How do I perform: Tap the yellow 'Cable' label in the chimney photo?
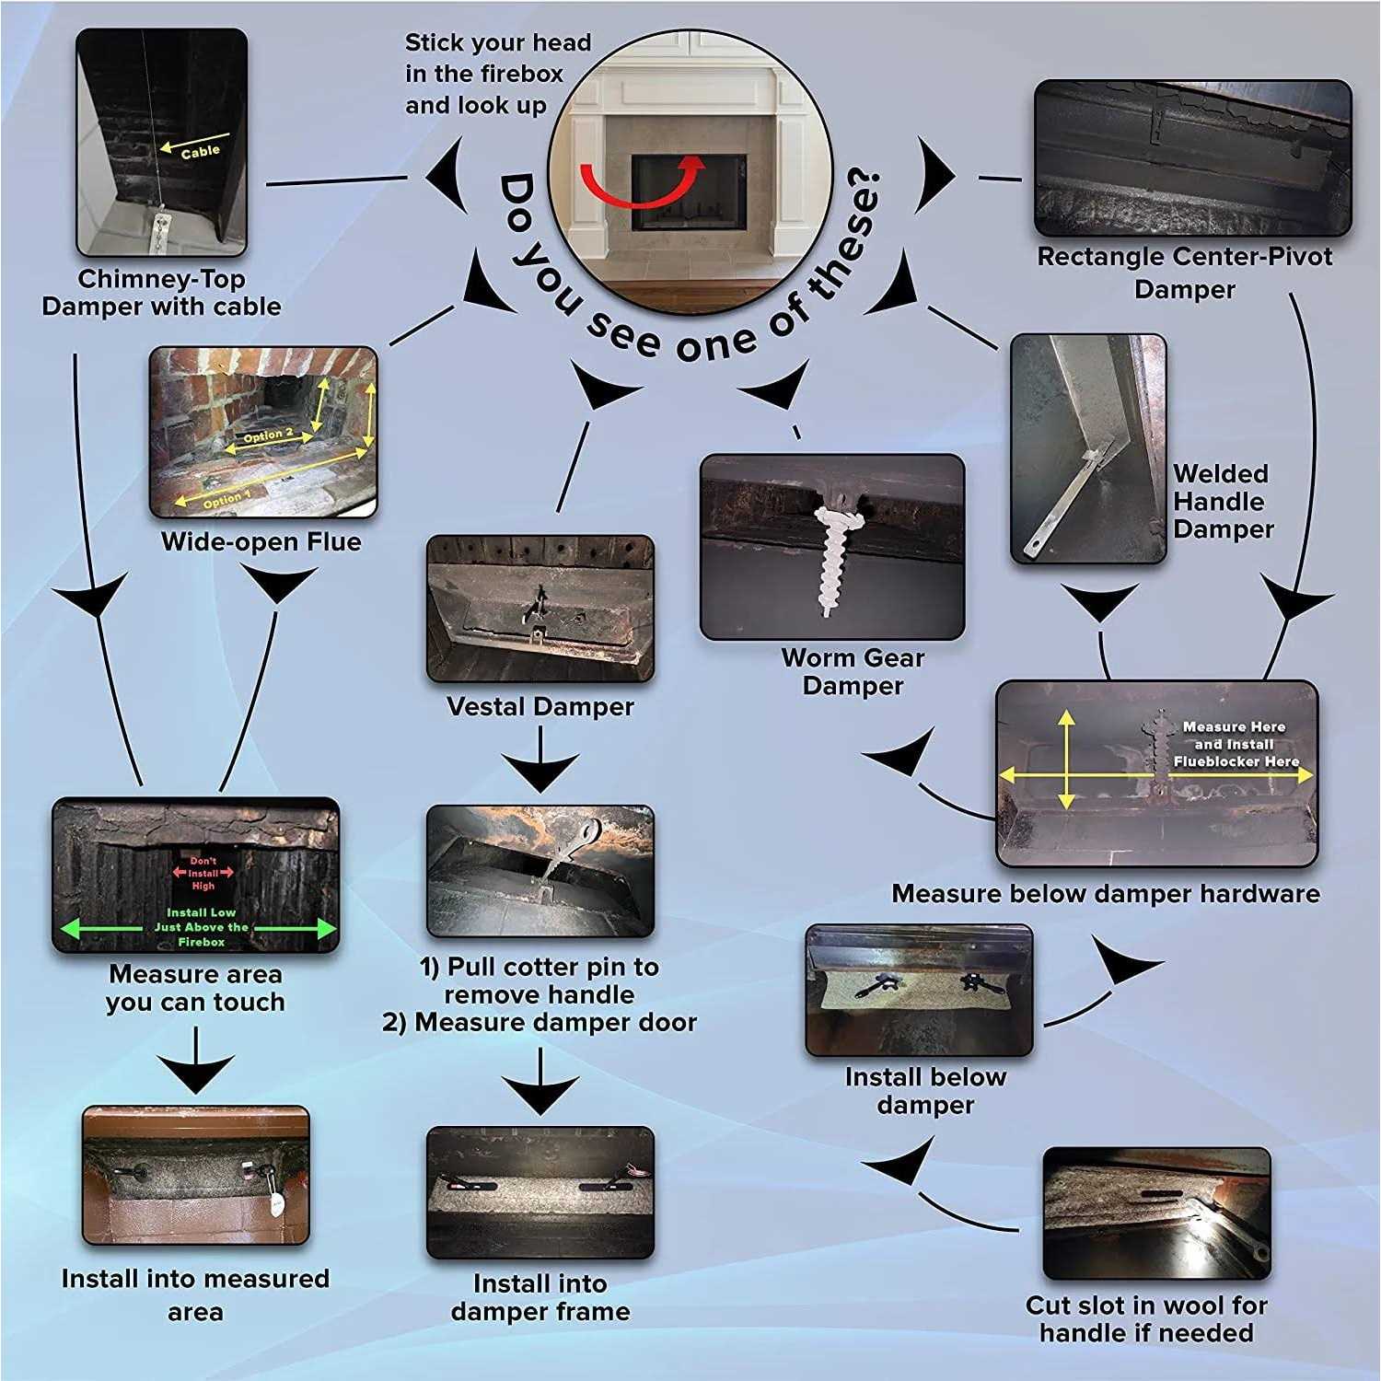[200, 151]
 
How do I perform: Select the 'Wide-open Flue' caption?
[261, 541]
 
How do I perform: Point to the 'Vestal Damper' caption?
[540, 707]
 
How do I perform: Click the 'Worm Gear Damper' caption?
[853, 672]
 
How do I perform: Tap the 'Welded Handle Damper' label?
[1223, 502]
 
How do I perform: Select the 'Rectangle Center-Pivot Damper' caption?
[1185, 273]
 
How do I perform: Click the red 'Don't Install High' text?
[203, 874]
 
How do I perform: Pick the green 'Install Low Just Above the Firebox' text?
[202, 927]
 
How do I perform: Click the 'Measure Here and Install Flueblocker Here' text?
[1235, 744]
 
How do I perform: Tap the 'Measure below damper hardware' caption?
[1106, 894]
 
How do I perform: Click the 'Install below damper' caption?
[925, 1091]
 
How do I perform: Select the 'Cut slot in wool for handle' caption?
[1146, 1318]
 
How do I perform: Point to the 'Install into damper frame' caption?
[540, 1297]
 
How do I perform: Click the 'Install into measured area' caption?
[195, 1294]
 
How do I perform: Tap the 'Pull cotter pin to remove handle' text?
[540, 981]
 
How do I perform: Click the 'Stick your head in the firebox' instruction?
[498, 74]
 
